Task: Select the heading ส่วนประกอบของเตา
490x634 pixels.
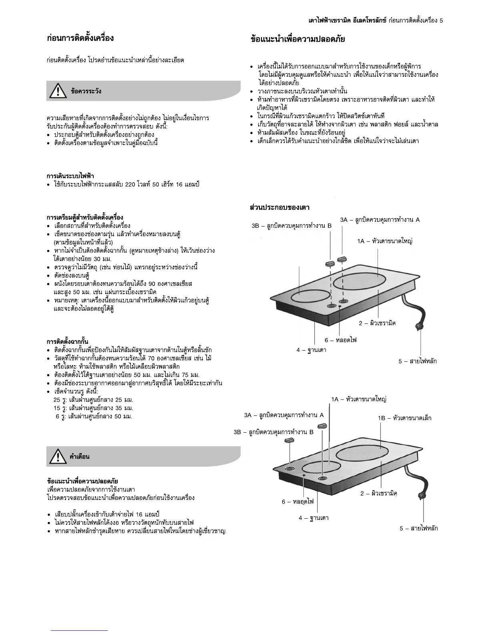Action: click(x=279, y=207)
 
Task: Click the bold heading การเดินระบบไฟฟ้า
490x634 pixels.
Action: click(x=70, y=176)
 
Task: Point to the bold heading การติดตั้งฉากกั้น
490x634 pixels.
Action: click(x=67, y=342)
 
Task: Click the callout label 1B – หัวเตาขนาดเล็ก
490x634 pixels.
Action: click(x=405, y=418)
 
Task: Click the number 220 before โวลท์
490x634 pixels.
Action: click(x=131, y=185)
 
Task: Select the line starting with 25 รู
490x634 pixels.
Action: click(x=93, y=400)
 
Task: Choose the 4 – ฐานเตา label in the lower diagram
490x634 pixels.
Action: click(x=313, y=518)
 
